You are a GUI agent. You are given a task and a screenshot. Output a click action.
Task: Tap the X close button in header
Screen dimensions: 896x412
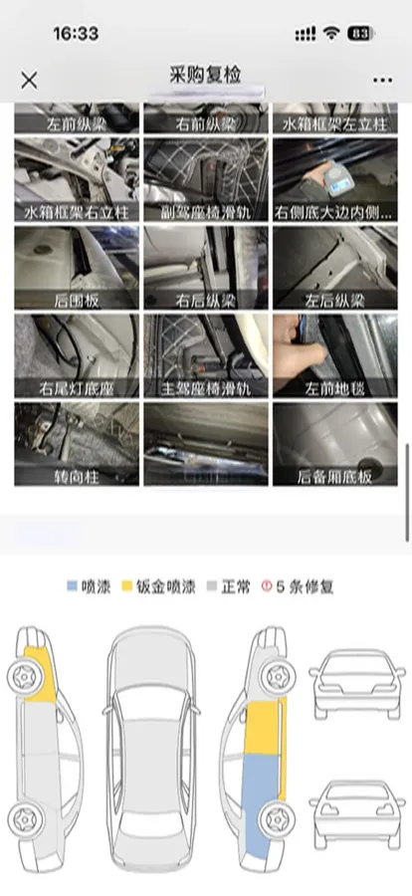pos(30,80)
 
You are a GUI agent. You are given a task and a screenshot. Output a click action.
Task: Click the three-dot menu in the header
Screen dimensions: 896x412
pos(382,80)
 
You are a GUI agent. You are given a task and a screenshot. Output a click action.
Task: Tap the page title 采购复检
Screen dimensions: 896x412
pos(206,75)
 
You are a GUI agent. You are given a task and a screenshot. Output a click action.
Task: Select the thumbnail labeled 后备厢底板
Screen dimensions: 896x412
pos(334,443)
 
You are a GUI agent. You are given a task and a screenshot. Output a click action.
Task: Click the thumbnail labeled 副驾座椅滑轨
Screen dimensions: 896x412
pos(205,179)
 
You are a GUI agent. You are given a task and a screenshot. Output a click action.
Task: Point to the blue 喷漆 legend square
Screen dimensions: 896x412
pos(73,586)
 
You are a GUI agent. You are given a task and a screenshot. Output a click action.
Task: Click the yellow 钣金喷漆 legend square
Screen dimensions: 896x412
pos(127,586)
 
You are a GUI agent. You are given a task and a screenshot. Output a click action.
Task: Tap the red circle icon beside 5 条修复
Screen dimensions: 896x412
pos(266,586)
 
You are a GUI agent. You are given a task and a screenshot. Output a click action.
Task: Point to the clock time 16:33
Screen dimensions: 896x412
pos(76,34)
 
